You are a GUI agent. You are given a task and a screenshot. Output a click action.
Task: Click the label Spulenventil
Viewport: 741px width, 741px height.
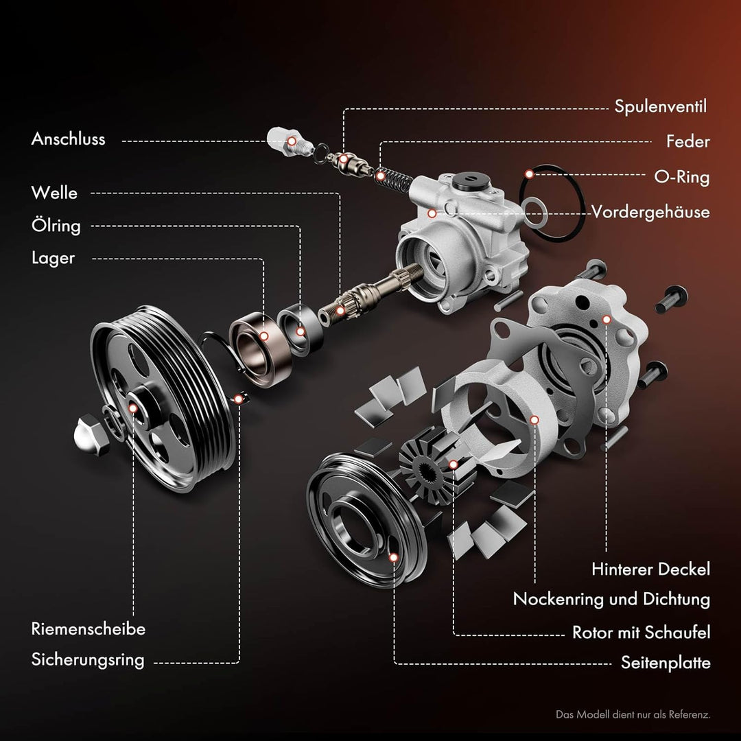coord(660,107)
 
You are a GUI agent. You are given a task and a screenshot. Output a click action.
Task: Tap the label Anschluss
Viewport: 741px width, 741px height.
coord(69,139)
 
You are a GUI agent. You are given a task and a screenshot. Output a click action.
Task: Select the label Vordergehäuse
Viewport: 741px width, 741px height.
coord(650,212)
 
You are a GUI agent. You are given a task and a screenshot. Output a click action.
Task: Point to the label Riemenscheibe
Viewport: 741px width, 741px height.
coord(89,629)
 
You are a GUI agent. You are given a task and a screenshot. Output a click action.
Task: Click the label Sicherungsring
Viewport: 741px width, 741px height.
coord(88,660)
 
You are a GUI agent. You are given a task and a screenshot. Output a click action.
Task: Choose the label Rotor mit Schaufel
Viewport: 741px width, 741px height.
coord(641,633)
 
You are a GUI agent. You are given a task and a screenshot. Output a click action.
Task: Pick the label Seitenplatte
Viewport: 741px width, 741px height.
coord(666,663)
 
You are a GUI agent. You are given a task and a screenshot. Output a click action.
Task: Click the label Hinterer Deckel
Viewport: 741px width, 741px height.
coord(650,569)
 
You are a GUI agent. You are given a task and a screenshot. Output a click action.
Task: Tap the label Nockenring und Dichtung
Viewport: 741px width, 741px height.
coord(611,599)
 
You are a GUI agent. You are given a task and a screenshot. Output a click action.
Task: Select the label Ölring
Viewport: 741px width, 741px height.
coord(56,226)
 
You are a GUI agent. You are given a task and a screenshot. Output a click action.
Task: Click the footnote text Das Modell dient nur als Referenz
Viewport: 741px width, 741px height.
coord(633,715)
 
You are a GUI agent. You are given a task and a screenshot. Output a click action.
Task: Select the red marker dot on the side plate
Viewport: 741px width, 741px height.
coord(393,558)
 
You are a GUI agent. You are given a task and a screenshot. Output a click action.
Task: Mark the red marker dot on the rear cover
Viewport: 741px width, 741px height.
coord(607,320)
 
